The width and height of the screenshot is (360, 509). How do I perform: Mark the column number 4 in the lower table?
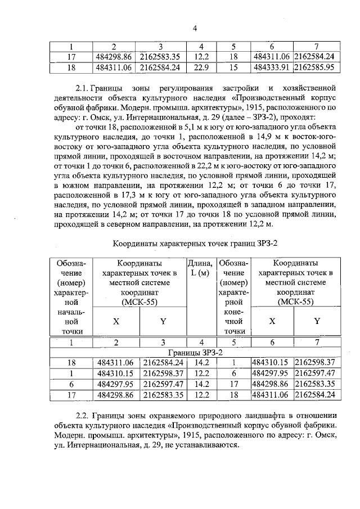coord(201,342)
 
